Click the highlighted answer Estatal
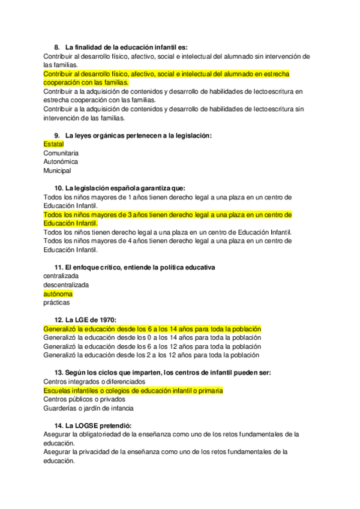coord(53,145)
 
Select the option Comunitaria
coord(61,153)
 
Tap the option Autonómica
coord(61,161)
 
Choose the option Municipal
coord(57,170)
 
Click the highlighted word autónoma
coord(58,294)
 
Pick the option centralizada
coord(61,276)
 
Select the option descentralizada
coord(66,285)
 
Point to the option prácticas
coord(56,303)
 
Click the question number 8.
coord(56,47)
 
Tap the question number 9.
coord(56,136)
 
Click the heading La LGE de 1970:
coord(91,321)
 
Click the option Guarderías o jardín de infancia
coord(88,408)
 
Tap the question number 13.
coord(58,373)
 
